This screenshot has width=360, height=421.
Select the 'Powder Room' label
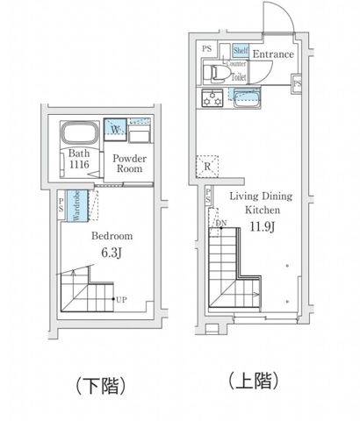pyautogui.click(x=128, y=164)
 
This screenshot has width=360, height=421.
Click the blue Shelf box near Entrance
pyautogui.click(x=239, y=51)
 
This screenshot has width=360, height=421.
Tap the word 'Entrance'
pyautogui.click(x=272, y=55)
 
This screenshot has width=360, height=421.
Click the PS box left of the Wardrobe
pyautogui.click(x=61, y=207)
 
